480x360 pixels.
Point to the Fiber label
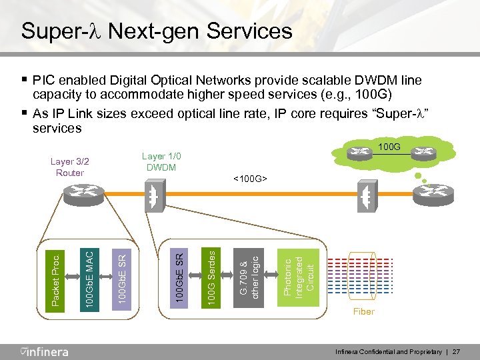[x=364, y=311]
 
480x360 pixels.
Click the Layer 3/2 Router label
[x=70, y=167]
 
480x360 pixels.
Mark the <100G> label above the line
[x=251, y=179]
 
